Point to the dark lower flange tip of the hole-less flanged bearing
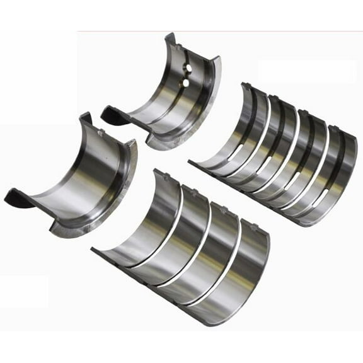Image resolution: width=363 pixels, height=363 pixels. click(14, 199)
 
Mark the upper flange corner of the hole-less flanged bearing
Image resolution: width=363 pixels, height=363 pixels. click(85, 117)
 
